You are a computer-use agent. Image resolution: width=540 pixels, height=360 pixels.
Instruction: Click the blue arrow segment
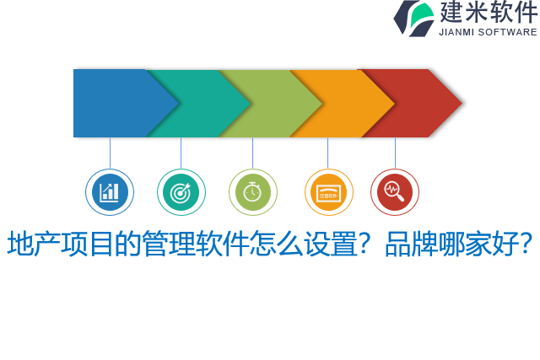pyautogui.click(x=114, y=103)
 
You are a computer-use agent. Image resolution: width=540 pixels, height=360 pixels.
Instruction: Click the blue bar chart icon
pyautogui.click(x=110, y=192)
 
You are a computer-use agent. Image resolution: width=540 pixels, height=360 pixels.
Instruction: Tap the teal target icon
pyautogui.click(x=181, y=192)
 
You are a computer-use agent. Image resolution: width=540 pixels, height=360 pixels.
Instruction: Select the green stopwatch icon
pyautogui.click(x=252, y=192)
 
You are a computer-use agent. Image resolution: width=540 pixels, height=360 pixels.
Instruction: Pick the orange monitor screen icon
pyautogui.click(x=328, y=192)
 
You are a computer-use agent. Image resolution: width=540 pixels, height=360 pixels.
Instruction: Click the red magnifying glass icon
pyautogui.click(x=394, y=192)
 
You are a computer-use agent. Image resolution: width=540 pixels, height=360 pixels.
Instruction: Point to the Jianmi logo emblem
pyautogui.click(x=413, y=18)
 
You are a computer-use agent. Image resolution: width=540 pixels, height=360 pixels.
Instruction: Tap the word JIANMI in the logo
pyautogui.click(x=456, y=32)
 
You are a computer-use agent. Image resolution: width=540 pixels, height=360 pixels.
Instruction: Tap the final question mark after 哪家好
pyautogui.click(x=526, y=244)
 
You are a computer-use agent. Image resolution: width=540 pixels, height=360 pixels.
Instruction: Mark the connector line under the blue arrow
pyautogui.click(x=110, y=153)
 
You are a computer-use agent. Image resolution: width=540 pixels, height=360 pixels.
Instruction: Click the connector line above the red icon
pyautogui.click(x=395, y=153)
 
